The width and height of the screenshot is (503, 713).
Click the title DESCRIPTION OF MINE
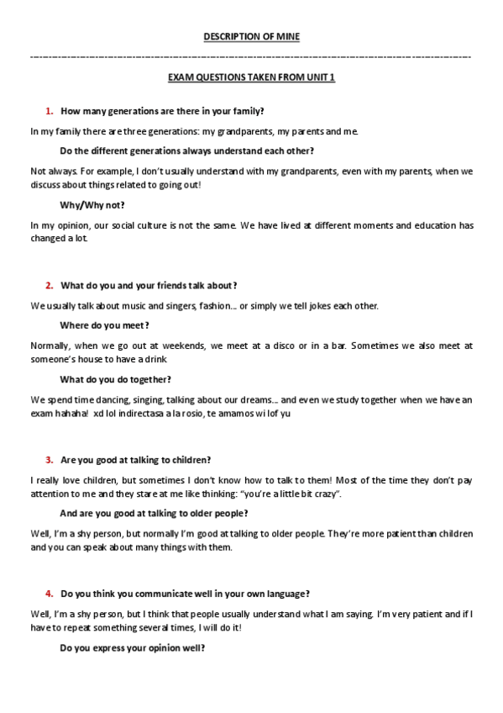click(x=251, y=36)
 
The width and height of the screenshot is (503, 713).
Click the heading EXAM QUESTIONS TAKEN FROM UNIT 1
click(x=251, y=77)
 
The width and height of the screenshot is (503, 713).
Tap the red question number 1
click(x=50, y=111)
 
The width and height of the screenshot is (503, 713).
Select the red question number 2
click(x=50, y=286)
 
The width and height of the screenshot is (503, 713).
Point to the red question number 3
click(x=50, y=460)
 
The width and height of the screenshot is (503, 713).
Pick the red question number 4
click(x=50, y=594)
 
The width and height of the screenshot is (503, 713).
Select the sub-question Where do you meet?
click(x=104, y=325)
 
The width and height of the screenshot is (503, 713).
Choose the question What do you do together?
click(x=116, y=379)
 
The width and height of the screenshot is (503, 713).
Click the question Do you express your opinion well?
click(x=133, y=647)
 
